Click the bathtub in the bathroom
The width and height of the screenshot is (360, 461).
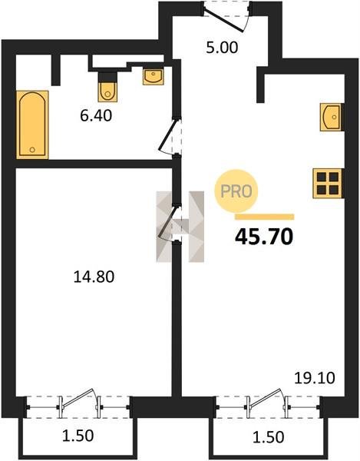point(32,124)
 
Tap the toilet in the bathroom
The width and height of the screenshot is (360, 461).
point(107,87)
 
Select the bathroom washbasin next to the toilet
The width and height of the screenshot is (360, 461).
point(153,77)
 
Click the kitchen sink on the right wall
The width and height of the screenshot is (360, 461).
point(332,117)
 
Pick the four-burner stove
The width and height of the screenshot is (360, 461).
point(328,184)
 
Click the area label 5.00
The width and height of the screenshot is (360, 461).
point(222,48)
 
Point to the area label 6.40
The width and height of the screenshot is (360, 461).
point(96,115)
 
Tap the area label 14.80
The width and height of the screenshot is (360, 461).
point(94,277)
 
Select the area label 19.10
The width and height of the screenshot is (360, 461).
point(315,378)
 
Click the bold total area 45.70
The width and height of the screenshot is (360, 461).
point(264,237)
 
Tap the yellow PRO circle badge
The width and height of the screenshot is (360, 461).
point(236,191)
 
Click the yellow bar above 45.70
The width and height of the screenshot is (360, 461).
point(265,217)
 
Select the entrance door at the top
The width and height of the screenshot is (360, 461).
point(226,17)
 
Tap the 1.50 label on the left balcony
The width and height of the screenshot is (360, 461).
point(78,436)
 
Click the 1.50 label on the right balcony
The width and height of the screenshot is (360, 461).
point(269,437)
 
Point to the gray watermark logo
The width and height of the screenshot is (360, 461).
point(180,227)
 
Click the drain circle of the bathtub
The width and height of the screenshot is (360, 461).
point(32,150)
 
